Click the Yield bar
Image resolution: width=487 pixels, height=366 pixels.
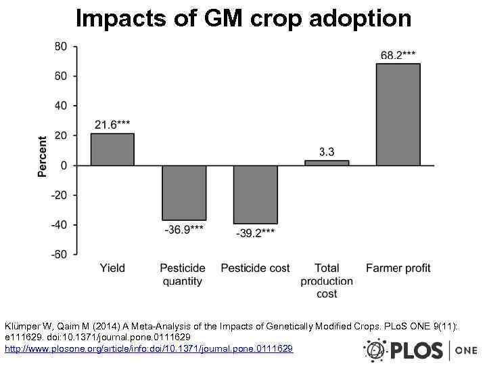pos(112,149)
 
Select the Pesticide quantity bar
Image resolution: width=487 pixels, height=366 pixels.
pos(184,192)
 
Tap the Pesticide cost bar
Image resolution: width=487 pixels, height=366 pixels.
pos(255,195)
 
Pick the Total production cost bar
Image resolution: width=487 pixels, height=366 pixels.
pos(327,163)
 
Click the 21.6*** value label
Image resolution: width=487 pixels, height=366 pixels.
pos(112,124)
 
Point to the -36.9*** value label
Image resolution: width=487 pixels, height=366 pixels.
pos(184,230)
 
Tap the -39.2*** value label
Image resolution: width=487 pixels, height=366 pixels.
pos(255,233)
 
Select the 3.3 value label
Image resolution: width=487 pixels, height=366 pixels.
pos(327,152)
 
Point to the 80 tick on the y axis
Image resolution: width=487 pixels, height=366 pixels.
pos(60,46)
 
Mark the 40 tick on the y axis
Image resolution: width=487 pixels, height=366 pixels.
pos(60,106)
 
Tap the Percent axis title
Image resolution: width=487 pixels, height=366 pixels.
pos(43,157)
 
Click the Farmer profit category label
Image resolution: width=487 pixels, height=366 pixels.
pos(398,268)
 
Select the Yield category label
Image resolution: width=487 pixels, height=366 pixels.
pos(112,268)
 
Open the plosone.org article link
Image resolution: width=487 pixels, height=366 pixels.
pos(149,348)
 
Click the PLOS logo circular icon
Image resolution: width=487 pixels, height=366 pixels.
pos(375,350)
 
